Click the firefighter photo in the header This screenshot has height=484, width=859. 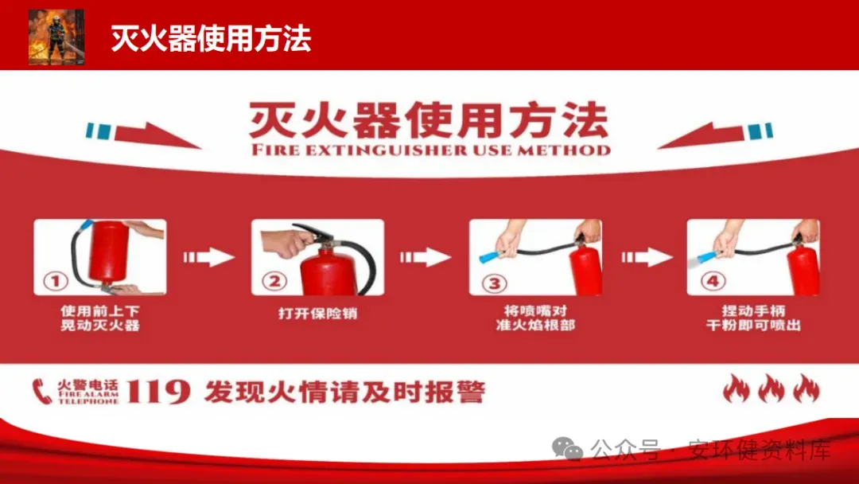[56, 37]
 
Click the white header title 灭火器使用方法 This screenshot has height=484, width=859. [211, 38]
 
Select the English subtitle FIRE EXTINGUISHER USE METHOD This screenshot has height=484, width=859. [430, 150]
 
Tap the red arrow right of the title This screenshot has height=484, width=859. [701, 135]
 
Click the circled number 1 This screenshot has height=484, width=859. [56, 281]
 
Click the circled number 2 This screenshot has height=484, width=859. [274, 281]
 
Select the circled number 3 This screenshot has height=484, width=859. [494, 283]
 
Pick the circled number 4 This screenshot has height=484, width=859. [713, 281]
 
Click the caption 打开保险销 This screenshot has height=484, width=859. [317, 313]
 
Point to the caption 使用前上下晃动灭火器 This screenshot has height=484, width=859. [100, 318]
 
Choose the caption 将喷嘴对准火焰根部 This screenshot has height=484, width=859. [535, 318]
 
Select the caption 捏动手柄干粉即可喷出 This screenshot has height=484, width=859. [753, 318]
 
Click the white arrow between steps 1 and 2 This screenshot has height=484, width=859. [208, 257]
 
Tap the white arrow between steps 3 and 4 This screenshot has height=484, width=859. [647, 257]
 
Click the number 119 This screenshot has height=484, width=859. [158, 392]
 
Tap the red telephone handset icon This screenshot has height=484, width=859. [41, 392]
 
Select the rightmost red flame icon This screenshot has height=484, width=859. [807, 388]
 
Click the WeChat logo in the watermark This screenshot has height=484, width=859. [568, 449]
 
